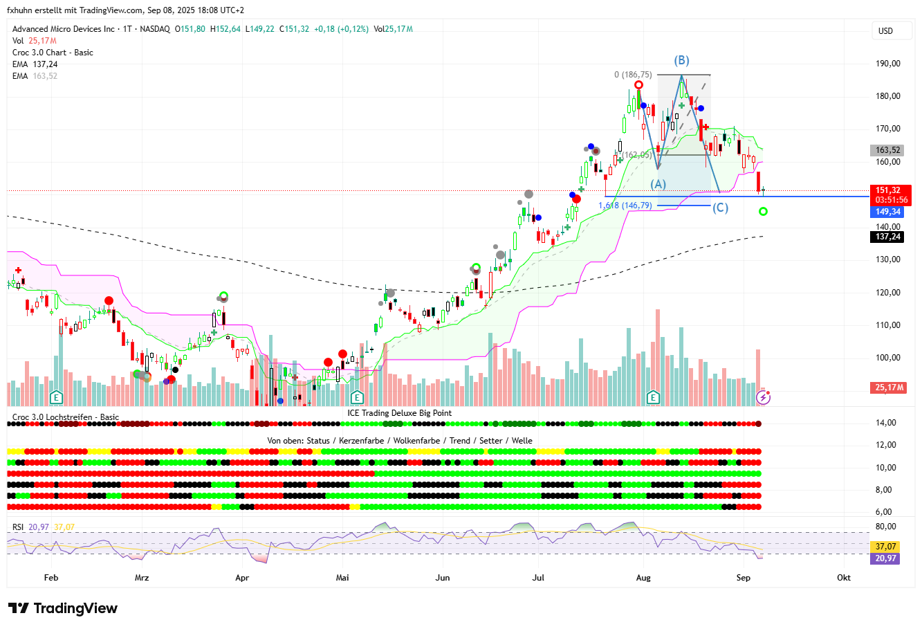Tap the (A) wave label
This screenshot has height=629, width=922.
[658, 184]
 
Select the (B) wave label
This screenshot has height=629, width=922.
[682, 60]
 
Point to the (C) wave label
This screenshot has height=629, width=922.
[720, 208]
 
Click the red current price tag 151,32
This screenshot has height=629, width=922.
[888, 190]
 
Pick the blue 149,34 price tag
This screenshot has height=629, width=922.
[888, 212]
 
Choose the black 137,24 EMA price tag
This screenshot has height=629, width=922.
[888, 237]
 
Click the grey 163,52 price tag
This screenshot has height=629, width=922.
[888, 150]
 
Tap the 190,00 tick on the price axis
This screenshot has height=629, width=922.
[887, 64]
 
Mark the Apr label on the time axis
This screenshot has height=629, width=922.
[242, 577]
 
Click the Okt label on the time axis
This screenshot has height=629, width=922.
[843, 577]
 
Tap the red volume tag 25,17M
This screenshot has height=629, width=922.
[888, 388]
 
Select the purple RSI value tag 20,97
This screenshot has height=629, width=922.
[885, 558]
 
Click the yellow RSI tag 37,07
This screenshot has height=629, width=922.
[885, 547]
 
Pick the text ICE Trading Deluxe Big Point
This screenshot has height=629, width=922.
[400, 413]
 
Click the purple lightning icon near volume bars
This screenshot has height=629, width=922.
[763, 397]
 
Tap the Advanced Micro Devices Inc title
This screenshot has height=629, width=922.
[64, 29]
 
